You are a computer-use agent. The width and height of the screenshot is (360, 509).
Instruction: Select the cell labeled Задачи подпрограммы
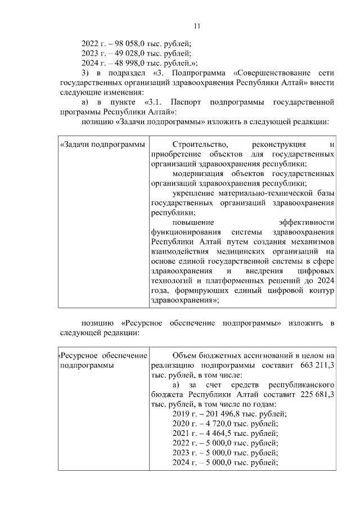coord(102,145)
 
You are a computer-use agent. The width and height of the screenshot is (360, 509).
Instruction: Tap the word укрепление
coord(195,193)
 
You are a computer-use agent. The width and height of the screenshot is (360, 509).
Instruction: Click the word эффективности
coord(310,223)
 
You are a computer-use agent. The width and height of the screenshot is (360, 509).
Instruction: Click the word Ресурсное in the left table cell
coord(79,356)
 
